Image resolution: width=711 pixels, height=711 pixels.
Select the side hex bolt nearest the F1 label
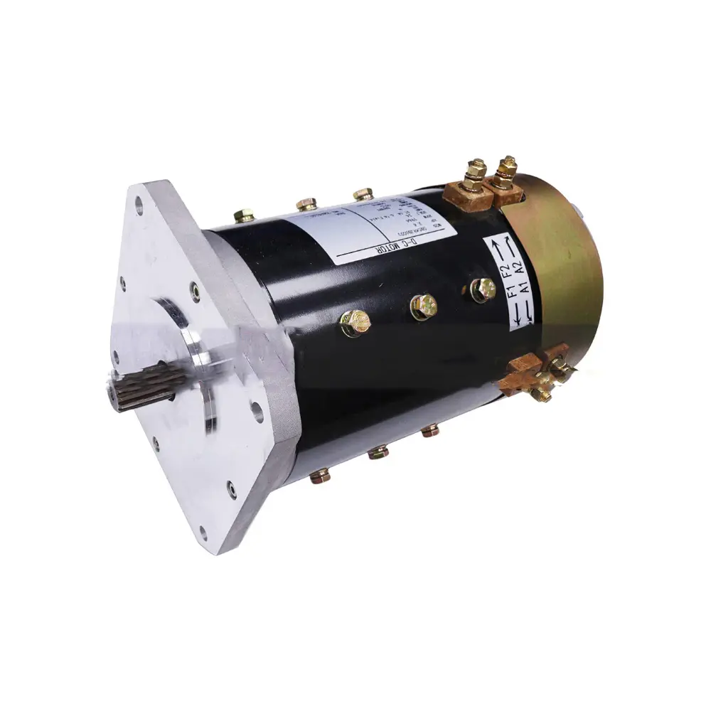tap(483, 288)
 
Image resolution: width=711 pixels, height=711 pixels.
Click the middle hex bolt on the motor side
tap(423, 306)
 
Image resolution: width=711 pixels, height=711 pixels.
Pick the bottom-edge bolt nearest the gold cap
tap(429, 430)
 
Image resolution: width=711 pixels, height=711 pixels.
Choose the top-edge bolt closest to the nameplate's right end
tap(363, 193)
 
